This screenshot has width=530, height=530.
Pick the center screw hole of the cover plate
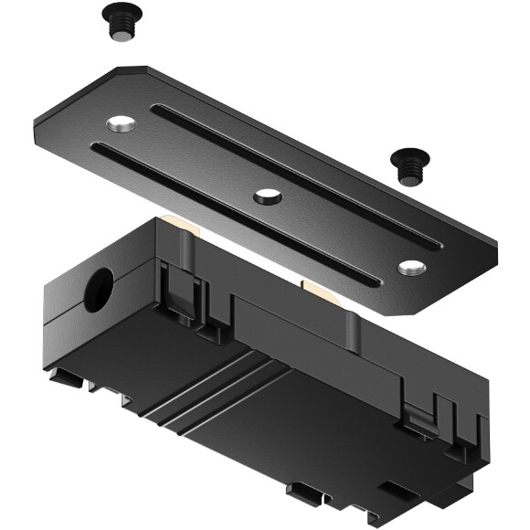[267, 194]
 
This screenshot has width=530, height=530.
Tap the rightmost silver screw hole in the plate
[412, 267]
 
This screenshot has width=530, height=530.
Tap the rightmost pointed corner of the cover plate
[496, 249]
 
